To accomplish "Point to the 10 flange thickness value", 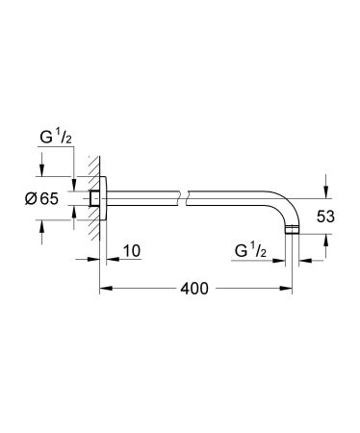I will [131, 252].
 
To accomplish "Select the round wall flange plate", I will [104, 198].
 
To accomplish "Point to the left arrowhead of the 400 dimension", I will [105, 288].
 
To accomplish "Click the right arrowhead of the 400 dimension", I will [290, 288].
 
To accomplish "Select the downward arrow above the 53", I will [327, 189].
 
